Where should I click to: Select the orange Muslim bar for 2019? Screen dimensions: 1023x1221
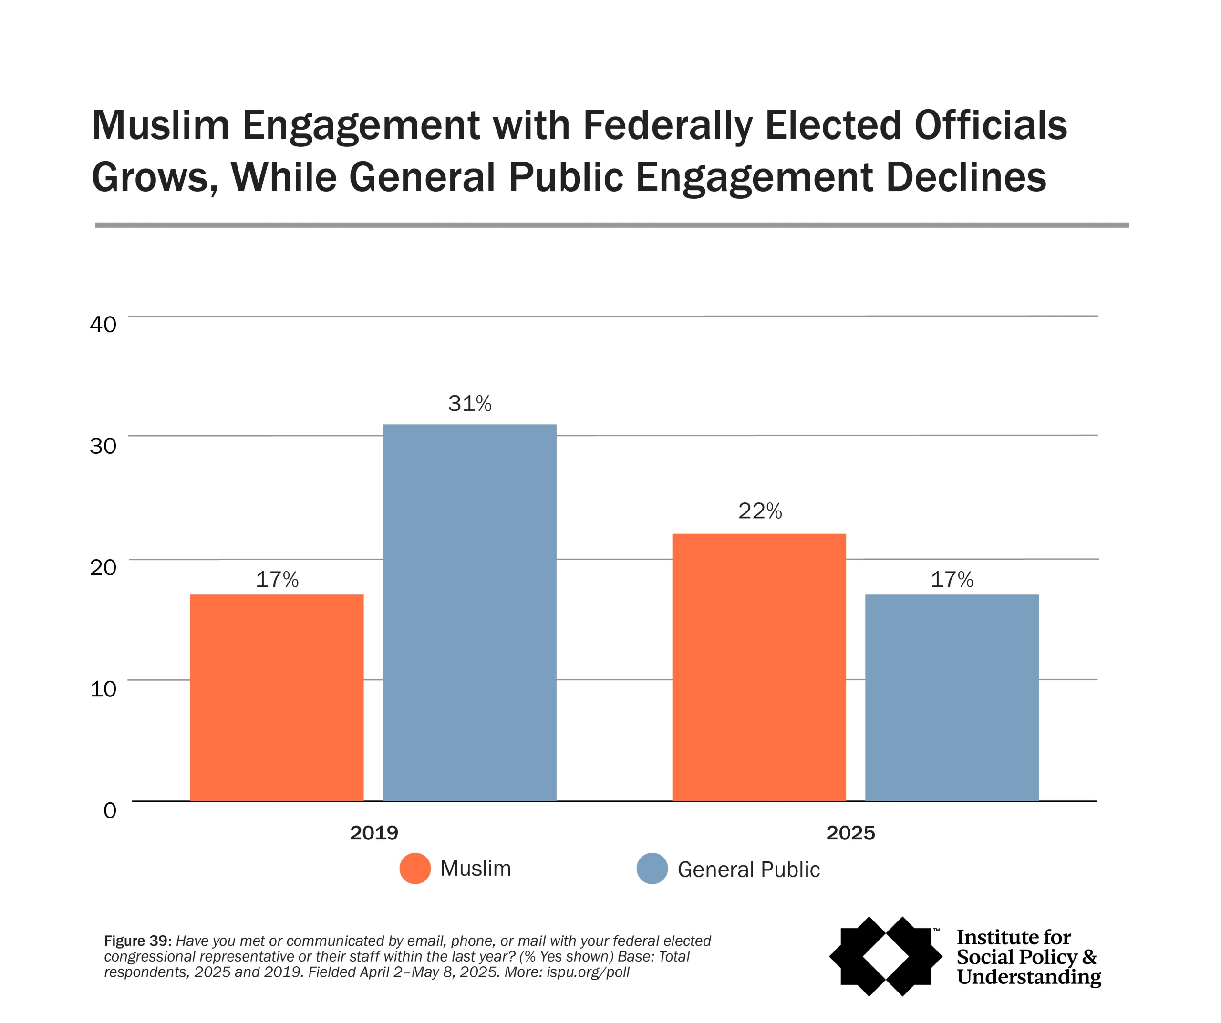tap(277, 697)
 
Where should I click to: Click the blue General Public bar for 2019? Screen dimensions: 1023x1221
tap(469, 613)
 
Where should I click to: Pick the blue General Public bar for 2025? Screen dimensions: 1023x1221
tap(952, 697)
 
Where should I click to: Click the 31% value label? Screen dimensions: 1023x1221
tap(470, 403)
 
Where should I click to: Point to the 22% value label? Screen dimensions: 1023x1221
tap(760, 511)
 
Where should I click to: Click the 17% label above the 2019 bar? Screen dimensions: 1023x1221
tap(277, 580)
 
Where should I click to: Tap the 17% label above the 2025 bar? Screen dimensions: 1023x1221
tap(952, 580)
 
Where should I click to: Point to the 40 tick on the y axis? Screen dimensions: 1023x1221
tap(103, 324)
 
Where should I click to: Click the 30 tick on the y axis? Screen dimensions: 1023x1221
tap(103, 446)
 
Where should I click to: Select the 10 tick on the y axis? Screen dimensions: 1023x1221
tap(103, 689)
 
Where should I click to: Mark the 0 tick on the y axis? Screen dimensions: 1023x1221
tap(110, 810)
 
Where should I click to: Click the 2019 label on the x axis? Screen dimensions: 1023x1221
tap(374, 833)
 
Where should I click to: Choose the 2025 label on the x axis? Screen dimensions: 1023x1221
tap(850, 833)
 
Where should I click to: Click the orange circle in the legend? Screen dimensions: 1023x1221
tap(415, 869)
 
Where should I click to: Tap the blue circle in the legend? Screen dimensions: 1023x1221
tap(652, 869)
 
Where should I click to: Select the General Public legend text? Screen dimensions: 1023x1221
tap(748, 870)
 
